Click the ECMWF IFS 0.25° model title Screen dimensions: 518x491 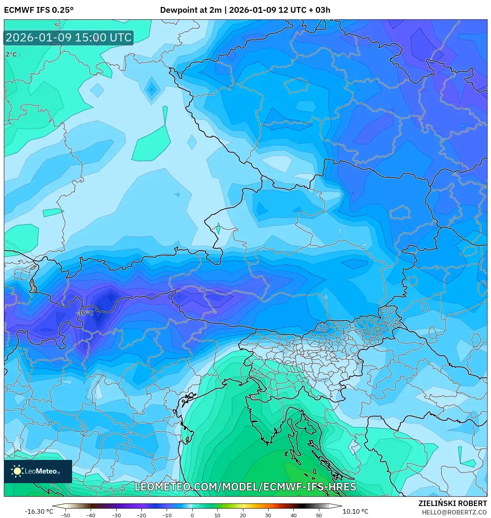coord(38,10)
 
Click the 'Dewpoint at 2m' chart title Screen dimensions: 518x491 coord(191,10)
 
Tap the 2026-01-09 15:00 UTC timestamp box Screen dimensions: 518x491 coord(69,38)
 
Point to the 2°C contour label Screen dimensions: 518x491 coord(11,55)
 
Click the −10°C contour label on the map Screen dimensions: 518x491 coord(84,313)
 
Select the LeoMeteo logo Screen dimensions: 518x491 coord(38,471)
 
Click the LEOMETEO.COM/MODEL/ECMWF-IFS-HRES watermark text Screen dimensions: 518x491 coord(245,487)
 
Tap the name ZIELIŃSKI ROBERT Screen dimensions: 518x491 coord(453,503)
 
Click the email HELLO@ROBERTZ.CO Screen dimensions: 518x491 coord(454,512)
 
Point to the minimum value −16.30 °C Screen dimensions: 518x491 coord(39,511)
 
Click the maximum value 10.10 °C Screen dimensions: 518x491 coord(355,511)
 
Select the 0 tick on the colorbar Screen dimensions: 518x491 coord(192,515)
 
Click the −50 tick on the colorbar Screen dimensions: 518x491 coord(65,515)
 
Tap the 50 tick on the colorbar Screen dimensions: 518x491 coord(319,515)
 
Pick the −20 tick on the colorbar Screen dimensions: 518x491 coord(141,515)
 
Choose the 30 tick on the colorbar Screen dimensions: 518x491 coord(268,515)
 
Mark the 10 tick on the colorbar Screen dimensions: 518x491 coord(217,515)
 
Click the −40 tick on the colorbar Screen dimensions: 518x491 coord(91,515)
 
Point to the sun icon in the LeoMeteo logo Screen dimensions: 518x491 coord(17,471)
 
